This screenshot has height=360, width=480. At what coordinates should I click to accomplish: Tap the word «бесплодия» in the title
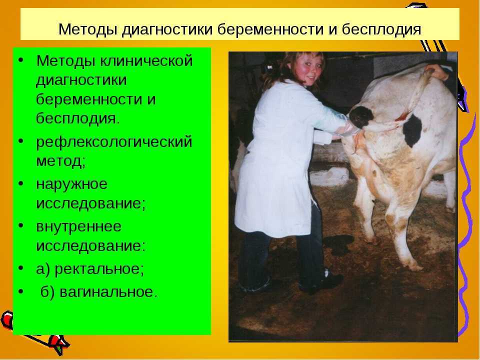(x=381, y=29)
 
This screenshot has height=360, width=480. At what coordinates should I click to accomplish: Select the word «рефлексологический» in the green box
(x=114, y=142)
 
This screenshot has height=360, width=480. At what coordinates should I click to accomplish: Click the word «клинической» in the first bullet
(x=146, y=60)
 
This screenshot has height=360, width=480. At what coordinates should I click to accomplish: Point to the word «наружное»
(x=72, y=184)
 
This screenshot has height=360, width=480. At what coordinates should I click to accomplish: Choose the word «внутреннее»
(x=78, y=226)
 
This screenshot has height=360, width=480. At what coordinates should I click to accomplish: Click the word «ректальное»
(x=99, y=269)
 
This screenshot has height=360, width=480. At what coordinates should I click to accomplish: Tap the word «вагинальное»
(x=108, y=291)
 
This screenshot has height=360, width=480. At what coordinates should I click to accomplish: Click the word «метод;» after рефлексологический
(x=60, y=161)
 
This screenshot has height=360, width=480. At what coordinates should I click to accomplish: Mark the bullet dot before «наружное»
(x=21, y=184)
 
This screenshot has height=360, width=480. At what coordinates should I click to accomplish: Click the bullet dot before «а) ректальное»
(x=21, y=268)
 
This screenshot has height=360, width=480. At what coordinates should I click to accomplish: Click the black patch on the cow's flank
(x=412, y=130)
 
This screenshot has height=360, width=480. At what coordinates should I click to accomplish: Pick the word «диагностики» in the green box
(x=81, y=80)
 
